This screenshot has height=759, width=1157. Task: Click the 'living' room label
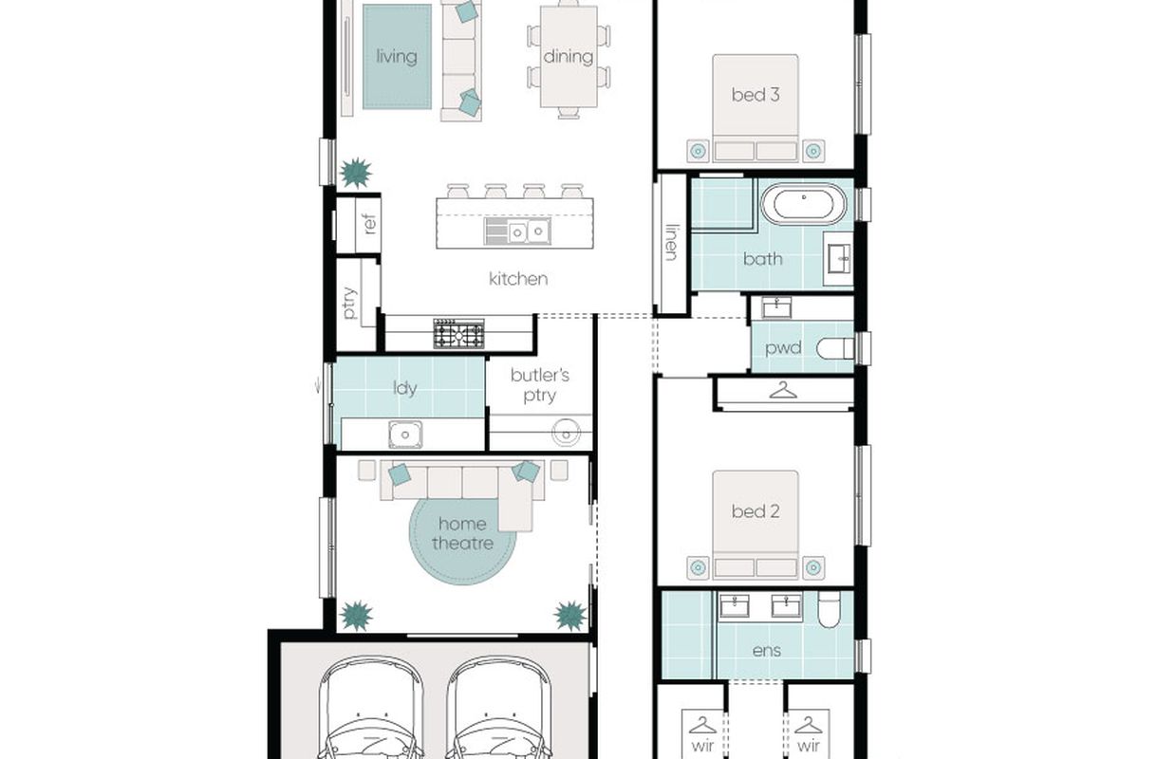tap(397, 56)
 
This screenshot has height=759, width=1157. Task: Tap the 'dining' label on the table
tap(569, 56)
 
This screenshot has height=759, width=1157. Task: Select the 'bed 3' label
tap(756, 95)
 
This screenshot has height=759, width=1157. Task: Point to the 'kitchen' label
tap(518, 279)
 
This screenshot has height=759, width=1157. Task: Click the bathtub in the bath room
tap(804, 203)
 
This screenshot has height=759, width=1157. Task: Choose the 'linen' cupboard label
tap(671, 242)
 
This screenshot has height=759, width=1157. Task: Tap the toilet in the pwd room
tap(834, 348)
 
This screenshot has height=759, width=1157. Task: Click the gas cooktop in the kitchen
tap(458, 334)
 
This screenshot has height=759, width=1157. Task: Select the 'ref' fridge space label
tap(370, 225)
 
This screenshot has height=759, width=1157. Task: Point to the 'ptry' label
tap(349, 303)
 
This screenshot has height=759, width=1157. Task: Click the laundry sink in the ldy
tap(405, 435)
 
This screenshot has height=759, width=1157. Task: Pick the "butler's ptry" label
tap(540, 385)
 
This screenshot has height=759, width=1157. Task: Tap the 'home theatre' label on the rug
tap(462, 533)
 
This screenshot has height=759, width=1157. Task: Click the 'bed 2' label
tap(756, 511)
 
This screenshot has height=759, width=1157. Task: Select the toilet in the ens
tap(829, 609)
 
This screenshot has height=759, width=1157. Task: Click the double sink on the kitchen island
tap(517, 231)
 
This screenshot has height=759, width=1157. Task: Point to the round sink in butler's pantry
tap(566, 433)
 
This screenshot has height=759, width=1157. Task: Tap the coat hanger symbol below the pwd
tap(783, 390)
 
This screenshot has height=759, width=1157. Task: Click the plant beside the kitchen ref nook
tap(356, 173)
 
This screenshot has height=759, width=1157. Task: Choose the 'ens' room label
tap(767, 651)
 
